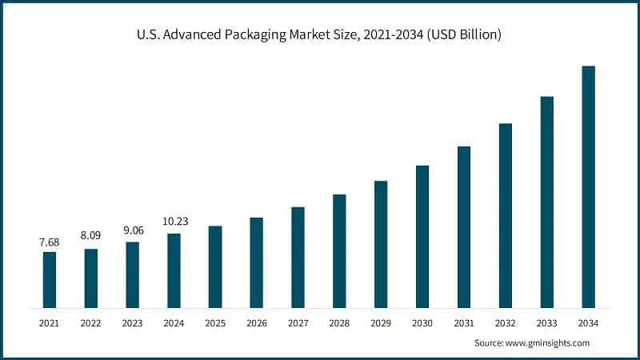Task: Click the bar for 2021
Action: point(50,280)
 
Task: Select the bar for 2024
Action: point(174,270)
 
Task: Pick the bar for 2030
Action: point(422,236)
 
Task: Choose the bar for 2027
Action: point(298,257)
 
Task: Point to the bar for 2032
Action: point(506,215)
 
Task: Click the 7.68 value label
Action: point(50,242)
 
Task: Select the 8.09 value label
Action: point(91,238)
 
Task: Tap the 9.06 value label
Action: point(132,230)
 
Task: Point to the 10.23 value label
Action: point(174,222)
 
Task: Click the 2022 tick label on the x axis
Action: point(91,322)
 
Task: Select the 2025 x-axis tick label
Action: point(215,322)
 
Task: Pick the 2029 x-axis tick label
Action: point(381,322)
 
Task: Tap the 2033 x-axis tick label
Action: point(547,322)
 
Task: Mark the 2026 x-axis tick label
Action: point(257,322)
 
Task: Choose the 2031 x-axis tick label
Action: point(464,322)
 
